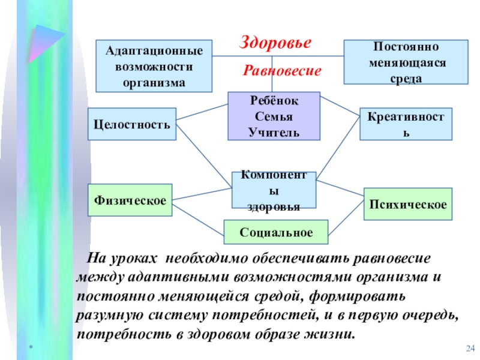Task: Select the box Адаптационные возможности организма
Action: [154, 65]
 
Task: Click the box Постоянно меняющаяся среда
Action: [406, 61]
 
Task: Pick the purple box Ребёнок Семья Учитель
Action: [274, 116]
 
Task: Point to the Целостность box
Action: [132, 124]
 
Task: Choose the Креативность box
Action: [406, 124]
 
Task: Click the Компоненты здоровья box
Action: [274, 190]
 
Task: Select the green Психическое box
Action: [408, 204]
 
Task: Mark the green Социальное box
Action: [276, 232]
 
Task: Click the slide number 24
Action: [470, 349]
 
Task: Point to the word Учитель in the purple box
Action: [274, 131]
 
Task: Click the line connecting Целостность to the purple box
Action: [203, 112]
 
